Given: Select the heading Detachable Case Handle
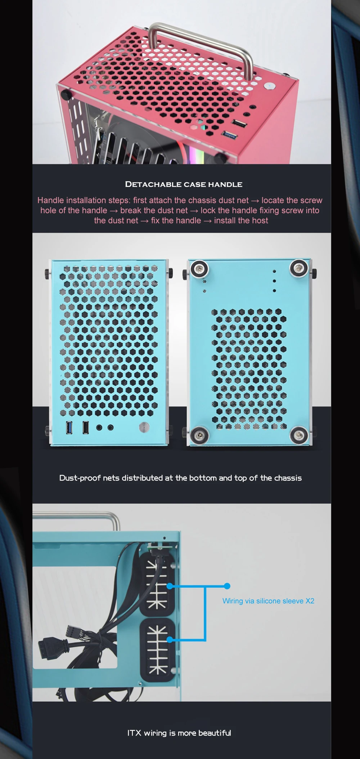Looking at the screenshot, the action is (x=184, y=184).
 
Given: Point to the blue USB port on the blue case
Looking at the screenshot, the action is (x=69, y=427).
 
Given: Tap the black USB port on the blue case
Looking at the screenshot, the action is (x=86, y=427).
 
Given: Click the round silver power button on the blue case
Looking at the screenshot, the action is (x=144, y=427).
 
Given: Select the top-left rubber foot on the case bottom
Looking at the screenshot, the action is (x=199, y=269).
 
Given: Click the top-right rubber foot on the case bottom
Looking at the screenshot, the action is (x=299, y=268).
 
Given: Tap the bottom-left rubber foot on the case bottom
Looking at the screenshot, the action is (x=199, y=435).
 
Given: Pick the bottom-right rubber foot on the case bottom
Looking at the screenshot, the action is (x=299, y=435).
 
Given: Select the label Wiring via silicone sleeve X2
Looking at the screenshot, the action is (x=268, y=601).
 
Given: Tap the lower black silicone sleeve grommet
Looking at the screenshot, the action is (x=157, y=650).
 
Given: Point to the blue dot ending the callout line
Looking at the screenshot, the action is (x=227, y=586).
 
